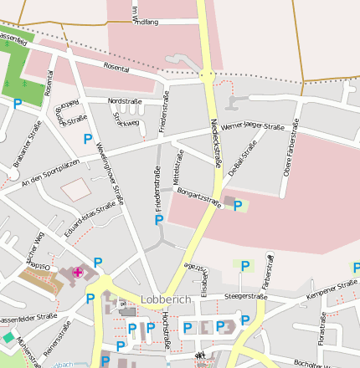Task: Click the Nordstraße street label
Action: (125, 101)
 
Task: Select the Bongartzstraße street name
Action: (200, 198)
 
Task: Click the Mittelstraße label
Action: (177, 166)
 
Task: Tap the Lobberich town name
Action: (166, 299)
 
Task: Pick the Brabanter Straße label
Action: (27, 144)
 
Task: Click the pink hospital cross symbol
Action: (78, 272)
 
